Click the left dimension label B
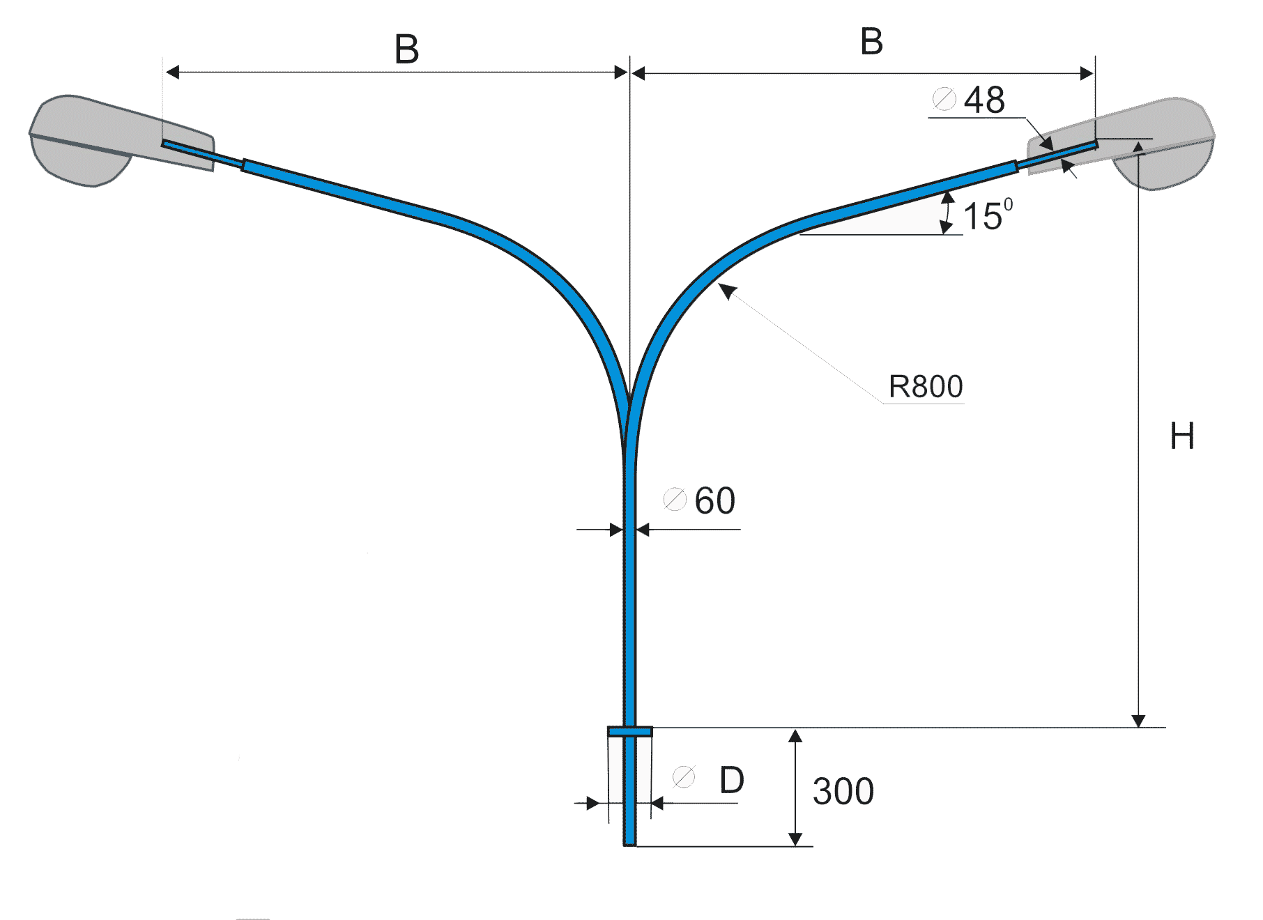407,49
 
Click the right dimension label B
871,42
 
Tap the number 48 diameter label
984,100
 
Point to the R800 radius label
926,386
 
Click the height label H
1182,436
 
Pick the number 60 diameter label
714,500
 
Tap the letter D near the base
732,780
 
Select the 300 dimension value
843,792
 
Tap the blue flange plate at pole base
630,731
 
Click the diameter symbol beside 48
944,99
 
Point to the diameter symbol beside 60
675,499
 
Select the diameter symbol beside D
684,776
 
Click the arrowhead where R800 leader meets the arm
726,289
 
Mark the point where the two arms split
629,404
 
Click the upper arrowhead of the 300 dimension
795,735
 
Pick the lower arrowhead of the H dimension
1138,721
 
